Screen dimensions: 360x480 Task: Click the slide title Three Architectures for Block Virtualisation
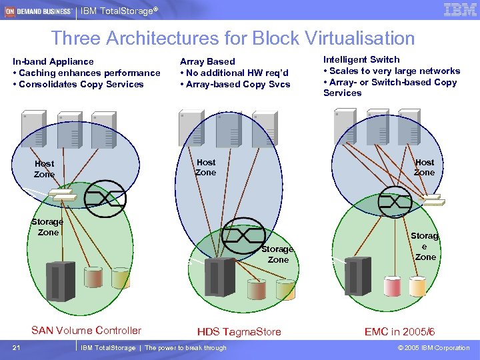[233, 38]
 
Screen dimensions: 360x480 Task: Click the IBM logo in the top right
[459, 9]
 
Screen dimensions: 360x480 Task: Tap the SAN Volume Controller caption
[86, 330]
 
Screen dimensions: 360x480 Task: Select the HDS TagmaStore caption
[239, 331]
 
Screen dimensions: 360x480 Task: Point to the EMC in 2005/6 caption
[399, 331]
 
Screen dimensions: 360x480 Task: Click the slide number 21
[15, 347]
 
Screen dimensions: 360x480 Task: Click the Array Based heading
[207, 61]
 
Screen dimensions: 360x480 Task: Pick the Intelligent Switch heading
[361, 59]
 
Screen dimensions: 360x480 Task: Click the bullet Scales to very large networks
[391, 71]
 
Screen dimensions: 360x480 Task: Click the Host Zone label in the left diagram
[44, 169]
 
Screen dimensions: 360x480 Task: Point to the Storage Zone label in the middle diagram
[277, 254]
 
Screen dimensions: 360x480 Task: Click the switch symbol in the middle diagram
[243, 234]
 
